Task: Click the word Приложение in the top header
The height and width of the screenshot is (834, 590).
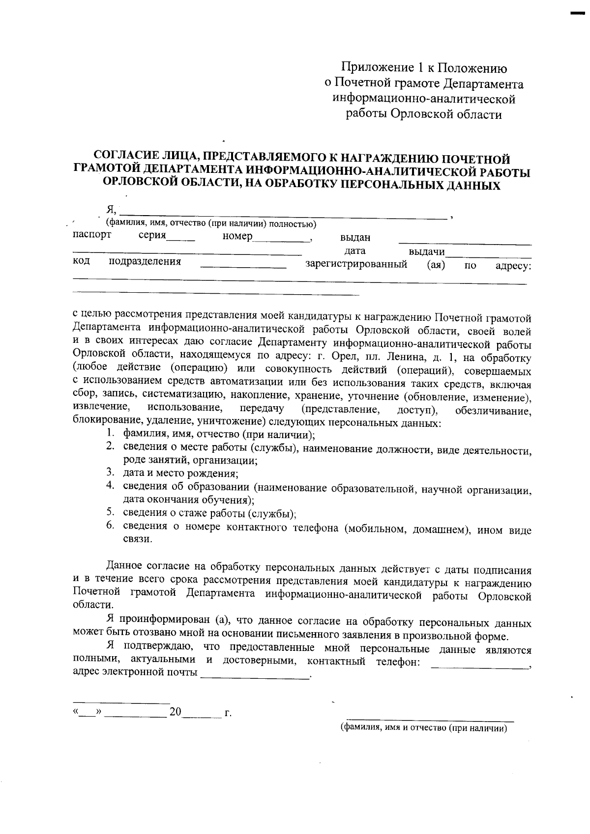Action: click(372, 68)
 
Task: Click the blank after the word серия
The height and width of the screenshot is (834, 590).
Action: click(181, 238)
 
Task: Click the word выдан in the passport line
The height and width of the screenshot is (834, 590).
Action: click(355, 238)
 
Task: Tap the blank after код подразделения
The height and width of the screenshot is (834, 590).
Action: click(243, 266)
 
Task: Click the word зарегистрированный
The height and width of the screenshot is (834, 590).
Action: click(356, 265)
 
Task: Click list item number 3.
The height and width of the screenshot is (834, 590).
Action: click(112, 473)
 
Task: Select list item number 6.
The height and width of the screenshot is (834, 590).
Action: click(112, 527)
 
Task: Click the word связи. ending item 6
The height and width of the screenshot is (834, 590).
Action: click(137, 539)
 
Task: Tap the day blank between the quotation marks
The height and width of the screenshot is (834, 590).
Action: click(87, 713)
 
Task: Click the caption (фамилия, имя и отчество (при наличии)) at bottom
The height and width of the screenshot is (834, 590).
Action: click(423, 728)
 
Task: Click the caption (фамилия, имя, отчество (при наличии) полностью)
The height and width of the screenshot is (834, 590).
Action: click(211, 224)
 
